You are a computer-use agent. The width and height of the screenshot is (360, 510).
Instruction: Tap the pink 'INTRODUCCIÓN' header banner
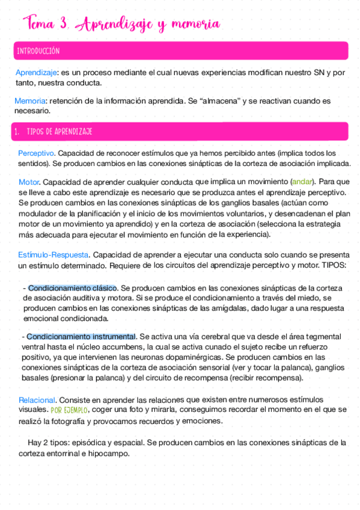point(180,51)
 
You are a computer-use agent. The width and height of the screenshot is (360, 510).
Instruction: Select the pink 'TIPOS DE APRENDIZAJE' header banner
point(180,131)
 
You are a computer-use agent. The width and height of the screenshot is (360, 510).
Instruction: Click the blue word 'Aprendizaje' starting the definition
point(36,72)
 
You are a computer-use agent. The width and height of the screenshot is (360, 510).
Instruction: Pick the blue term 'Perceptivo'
point(37,153)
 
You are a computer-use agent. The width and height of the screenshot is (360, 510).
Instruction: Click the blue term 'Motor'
point(29,181)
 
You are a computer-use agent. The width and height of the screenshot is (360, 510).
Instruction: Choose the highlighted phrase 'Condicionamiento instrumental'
point(81,336)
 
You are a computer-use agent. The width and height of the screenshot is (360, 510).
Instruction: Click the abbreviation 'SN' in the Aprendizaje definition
point(320,72)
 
